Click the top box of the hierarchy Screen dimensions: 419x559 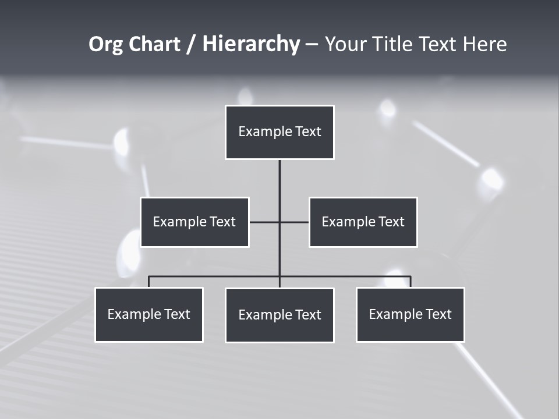279,132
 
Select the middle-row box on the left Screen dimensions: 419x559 194,222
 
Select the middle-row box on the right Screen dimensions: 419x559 363,222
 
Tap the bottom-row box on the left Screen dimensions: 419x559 149,314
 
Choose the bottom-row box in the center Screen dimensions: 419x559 279,315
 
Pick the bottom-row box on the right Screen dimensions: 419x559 410,314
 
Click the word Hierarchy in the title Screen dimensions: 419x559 251,44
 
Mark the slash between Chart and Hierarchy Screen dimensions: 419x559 191,45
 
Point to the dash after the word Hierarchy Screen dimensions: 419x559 312,45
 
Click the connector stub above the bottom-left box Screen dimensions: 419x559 149,282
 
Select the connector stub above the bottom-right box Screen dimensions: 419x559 411,282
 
